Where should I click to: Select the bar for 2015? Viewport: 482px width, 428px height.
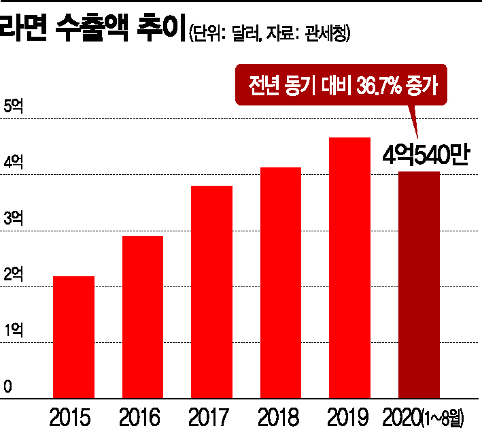tap(73, 337)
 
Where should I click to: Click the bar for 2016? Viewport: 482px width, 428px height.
tap(142, 316)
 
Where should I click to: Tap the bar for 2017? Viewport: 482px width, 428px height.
tap(211, 291)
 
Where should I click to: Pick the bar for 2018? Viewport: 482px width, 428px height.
tap(280, 282)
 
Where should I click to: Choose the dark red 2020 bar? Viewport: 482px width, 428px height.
tap(418, 284)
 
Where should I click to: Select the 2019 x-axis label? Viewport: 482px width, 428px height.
tap(347, 414)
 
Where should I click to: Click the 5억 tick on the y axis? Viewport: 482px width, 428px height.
tap(14, 108)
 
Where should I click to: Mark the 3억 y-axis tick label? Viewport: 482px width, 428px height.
tap(14, 219)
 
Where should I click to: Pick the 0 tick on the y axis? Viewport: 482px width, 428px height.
tap(8, 386)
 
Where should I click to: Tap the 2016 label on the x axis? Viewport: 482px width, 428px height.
tap(141, 414)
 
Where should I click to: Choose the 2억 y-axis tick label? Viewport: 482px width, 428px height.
tap(14, 275)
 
